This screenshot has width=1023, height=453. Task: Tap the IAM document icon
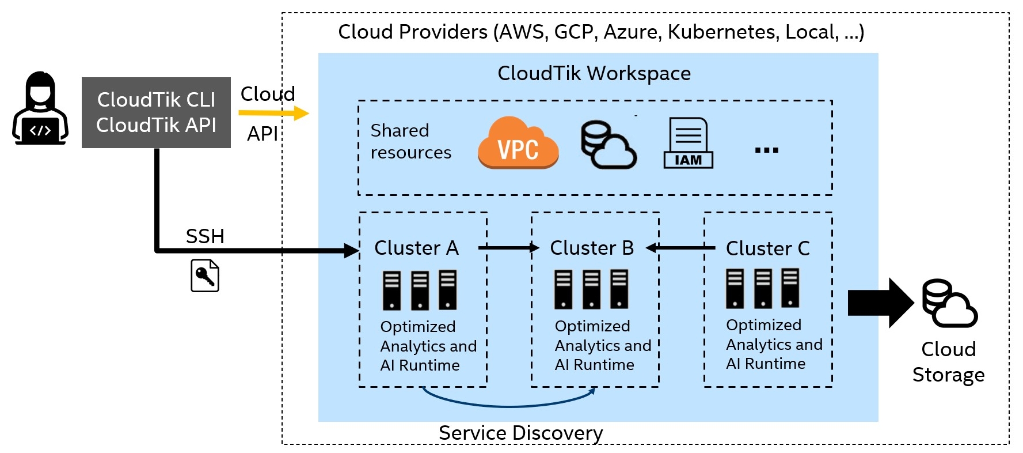pos(689,143)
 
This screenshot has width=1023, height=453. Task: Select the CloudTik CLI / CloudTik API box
pos(156,112)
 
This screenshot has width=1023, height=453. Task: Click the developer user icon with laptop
pos(40,108)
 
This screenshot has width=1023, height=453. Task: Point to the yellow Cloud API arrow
pos(274,113)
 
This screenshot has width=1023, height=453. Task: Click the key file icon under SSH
pos(205,275)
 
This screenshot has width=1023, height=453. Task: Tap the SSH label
pos(205,236)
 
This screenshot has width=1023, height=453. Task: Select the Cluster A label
pos(416,248)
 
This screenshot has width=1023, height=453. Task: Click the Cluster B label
pos(592,248)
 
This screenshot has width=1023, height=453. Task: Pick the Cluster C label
pos(768,248)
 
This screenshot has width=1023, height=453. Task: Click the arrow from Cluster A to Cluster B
pos(509,248)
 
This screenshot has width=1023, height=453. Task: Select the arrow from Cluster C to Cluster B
pos(680,248)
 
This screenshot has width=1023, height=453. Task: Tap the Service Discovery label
pos(521,433)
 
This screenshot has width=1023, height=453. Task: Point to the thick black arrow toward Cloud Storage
pos(881,303)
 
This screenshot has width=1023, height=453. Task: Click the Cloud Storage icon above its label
pos(950,303)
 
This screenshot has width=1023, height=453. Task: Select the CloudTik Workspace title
pos(594,73)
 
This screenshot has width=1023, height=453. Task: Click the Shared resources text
pos(411,141)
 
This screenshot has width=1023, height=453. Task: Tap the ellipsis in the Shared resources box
pos(767,150)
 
